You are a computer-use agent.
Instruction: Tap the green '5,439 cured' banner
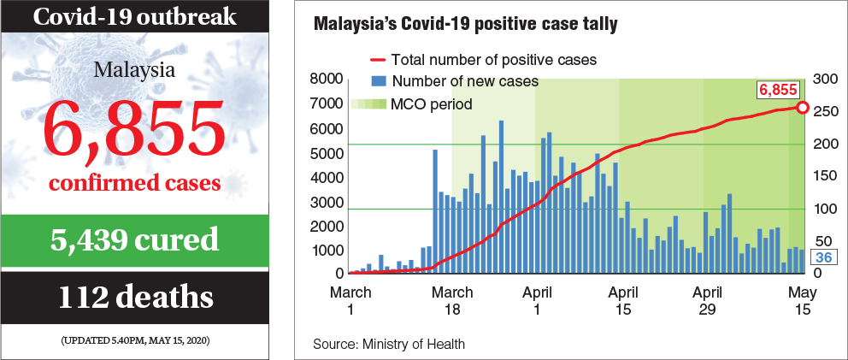(135, 239)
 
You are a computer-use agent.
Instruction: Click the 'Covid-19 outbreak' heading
(135, 16)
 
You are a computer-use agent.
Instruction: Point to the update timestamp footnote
(135, 341)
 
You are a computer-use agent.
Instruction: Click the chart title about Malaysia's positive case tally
(466, 25)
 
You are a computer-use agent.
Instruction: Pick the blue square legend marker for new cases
(377, 82)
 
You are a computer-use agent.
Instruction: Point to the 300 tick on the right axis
(823, 80)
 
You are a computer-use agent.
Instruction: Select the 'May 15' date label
(801, 299)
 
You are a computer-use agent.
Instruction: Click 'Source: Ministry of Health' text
(389, 344)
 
